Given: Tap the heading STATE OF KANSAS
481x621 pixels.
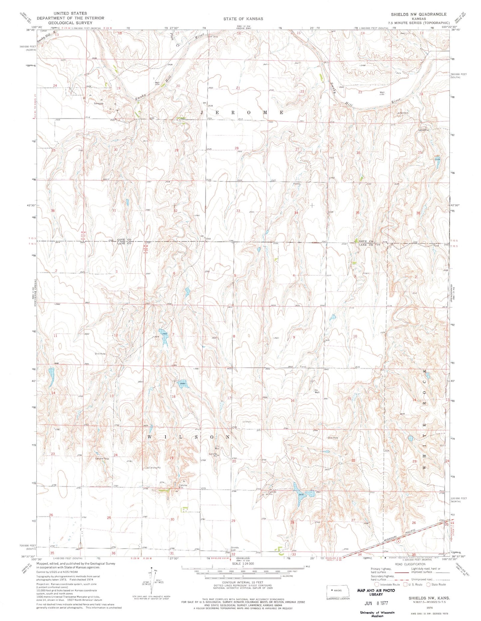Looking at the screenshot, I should [x=243, y=19].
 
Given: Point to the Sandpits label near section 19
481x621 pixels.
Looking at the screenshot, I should [x=99, y=103].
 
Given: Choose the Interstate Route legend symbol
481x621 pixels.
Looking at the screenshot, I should [x=377, y=584].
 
